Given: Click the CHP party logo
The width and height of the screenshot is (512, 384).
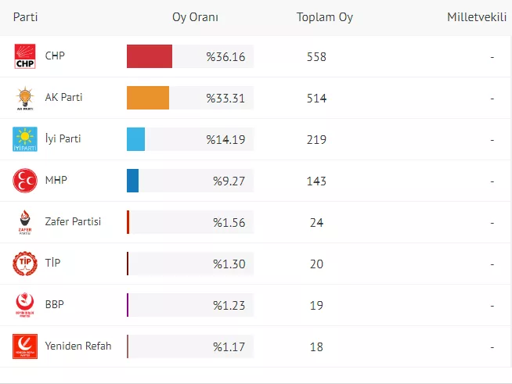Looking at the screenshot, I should point(25,56).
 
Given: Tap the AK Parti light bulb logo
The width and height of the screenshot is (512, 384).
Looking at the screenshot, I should point(25,98).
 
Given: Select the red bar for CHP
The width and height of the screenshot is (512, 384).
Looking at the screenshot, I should point(150,56).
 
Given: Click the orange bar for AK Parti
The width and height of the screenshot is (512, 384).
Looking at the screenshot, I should point(148,98).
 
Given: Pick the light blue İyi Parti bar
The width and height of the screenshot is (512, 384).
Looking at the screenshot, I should point(136,139).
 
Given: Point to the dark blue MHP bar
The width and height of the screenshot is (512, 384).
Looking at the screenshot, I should point(133,181).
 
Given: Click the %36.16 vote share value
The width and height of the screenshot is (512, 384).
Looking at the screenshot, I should point(225,56).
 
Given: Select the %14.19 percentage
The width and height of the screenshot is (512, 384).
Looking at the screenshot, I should point(225,139).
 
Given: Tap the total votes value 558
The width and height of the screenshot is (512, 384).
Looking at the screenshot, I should point(316,56).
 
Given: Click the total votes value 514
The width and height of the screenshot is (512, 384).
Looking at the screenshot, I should point(316,98).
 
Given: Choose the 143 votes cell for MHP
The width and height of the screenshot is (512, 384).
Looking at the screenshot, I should point(316,181).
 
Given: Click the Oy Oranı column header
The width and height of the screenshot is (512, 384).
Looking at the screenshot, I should point(196,17).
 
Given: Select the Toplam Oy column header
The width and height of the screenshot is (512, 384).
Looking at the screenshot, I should point(325,17).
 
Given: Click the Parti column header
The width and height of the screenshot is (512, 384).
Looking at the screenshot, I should point(26,17).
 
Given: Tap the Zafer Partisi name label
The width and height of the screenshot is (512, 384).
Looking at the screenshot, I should point(74,222).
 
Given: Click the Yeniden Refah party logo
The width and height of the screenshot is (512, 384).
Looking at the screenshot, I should point(25,346).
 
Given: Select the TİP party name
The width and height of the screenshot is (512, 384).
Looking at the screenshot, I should point(53,264).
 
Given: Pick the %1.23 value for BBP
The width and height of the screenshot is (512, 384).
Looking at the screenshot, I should point(229,305).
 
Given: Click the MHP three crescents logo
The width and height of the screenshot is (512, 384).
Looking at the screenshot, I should point(25,181).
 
